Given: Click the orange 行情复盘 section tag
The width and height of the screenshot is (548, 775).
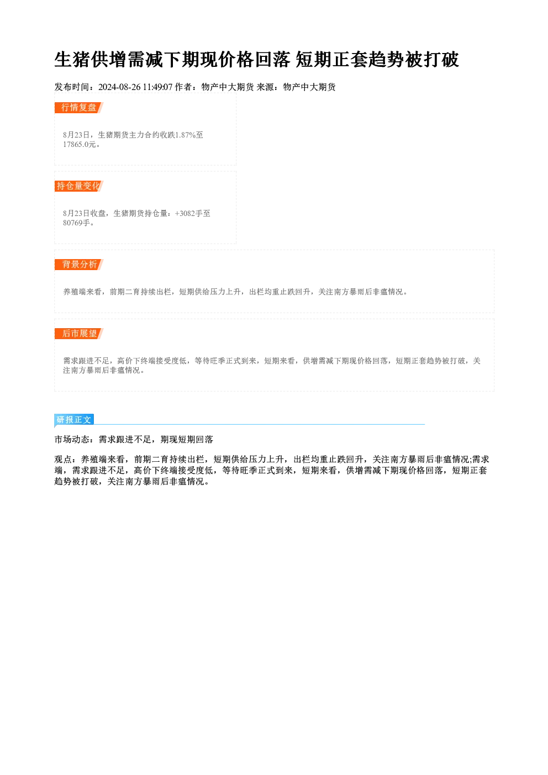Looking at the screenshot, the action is [79, 108].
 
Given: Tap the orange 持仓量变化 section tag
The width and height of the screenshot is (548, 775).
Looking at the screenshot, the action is [79, 186].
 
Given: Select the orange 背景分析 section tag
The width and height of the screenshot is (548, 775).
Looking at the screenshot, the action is [79, 265].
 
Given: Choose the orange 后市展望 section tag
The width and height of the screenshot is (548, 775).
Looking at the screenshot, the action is [79, 334].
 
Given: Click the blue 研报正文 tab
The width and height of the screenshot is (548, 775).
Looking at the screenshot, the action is [74, 420].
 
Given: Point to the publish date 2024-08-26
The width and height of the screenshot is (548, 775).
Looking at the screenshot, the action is [119, 87].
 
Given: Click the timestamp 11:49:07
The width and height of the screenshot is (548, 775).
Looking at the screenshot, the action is [157, 87].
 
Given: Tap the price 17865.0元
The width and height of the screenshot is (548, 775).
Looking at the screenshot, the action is [80, 145].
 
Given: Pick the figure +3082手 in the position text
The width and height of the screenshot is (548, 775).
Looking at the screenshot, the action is [188, 213].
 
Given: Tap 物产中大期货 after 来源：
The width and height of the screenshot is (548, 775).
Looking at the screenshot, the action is [309, 87].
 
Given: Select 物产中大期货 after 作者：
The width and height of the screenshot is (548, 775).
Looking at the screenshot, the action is [228, 87].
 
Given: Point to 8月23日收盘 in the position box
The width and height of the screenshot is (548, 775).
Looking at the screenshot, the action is [84, 213].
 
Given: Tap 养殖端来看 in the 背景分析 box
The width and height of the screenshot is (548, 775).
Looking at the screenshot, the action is [82, 292].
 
